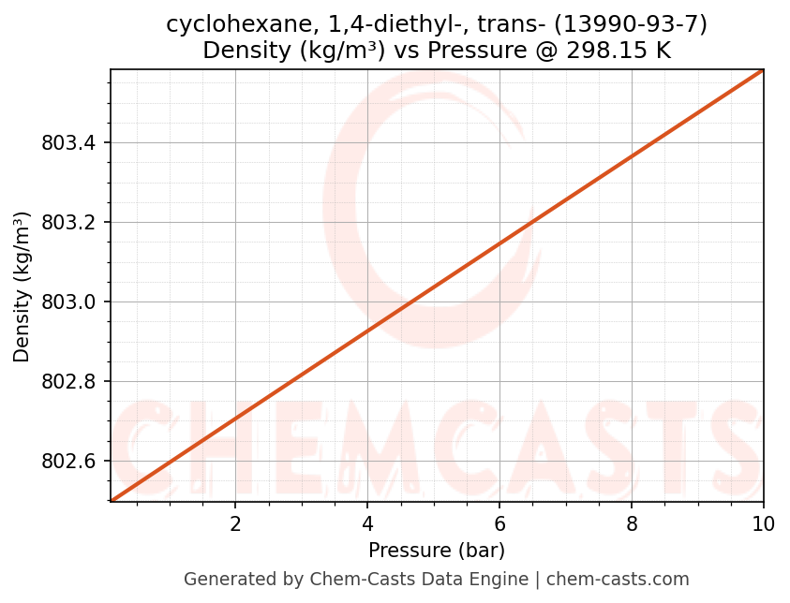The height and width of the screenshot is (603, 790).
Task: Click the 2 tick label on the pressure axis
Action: tap(235, 523)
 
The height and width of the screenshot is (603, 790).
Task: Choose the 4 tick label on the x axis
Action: tap(367, 523)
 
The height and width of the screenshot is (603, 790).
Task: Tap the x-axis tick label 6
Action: tap(499, 523)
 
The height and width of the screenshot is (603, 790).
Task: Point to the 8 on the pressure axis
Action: tap(632, 523)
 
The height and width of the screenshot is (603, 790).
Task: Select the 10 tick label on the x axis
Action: tap(763, 523)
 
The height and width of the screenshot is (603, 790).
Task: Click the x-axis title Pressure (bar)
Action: tap(437, 550)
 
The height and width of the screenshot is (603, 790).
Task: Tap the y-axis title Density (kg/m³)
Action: tap(22, 287)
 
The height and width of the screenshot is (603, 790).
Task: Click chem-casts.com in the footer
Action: tap(618, 580)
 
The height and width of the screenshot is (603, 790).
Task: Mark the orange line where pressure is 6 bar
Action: tap(499, 244)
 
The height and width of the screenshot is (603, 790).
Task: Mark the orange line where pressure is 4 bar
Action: tap(367, 331)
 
